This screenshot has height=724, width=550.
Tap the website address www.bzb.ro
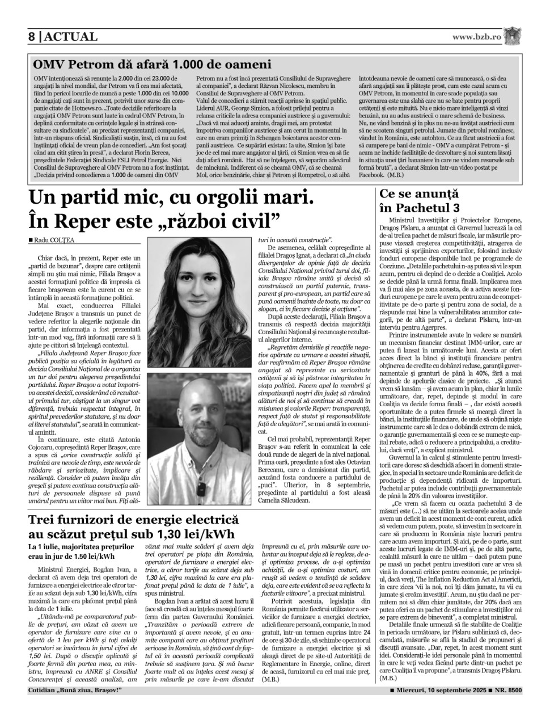[477, 37]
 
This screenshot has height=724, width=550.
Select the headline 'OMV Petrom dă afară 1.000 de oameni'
[152, 64]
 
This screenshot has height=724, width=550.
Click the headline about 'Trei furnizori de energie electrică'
[134, 519]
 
